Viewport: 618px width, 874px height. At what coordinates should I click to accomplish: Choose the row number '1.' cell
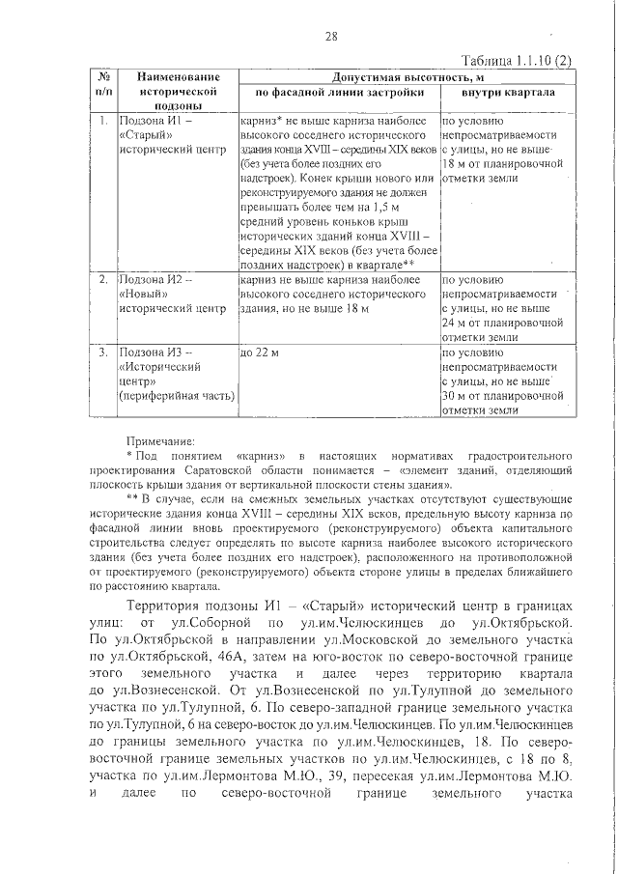point(102,123)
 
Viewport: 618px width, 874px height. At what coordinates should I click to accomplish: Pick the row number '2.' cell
point(102,279)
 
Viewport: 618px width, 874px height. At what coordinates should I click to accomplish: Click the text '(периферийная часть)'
point(176,396)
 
